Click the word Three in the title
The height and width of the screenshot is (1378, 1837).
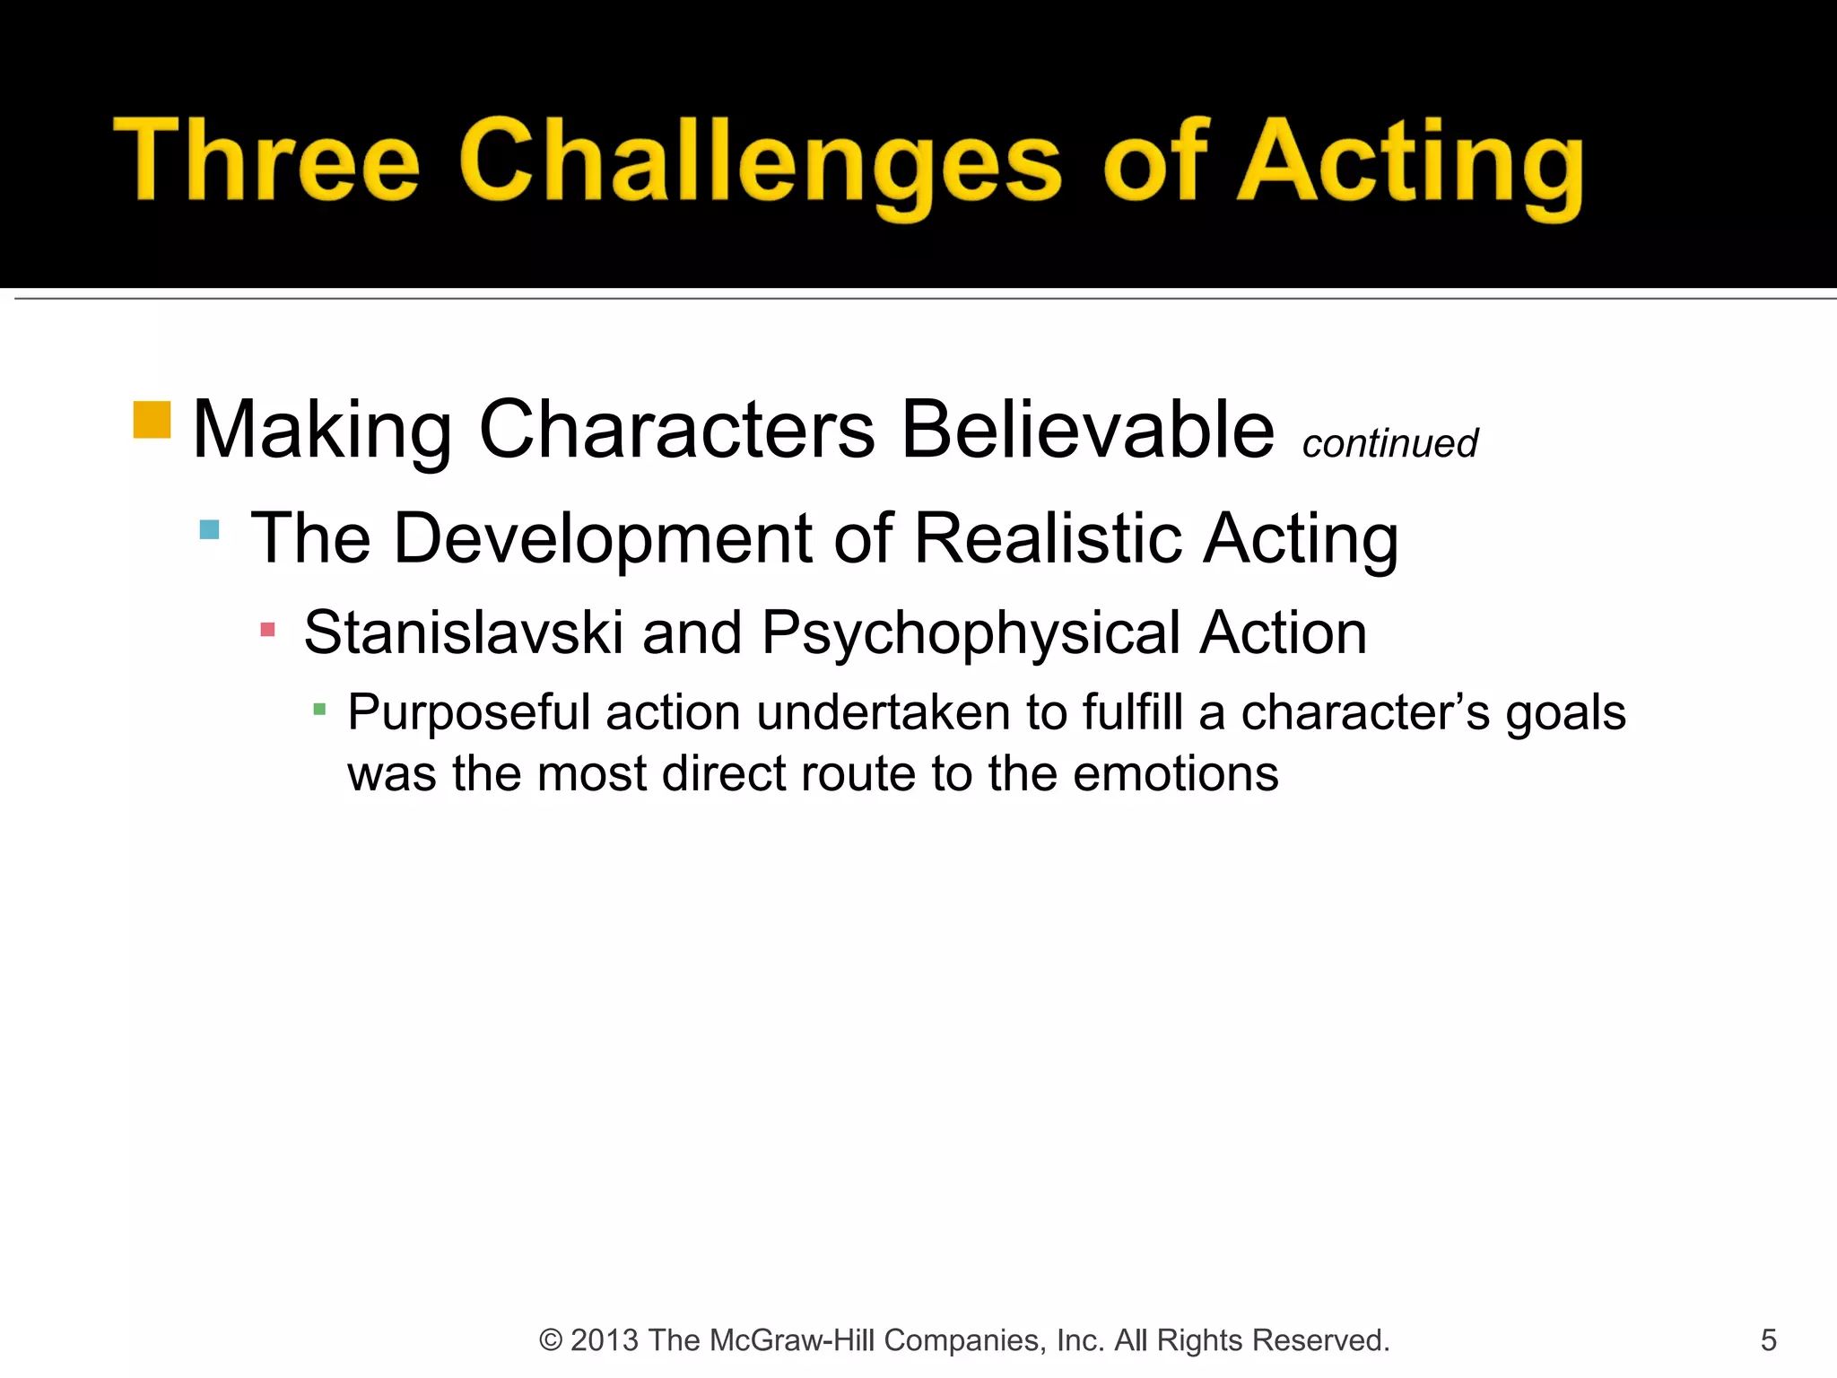266,161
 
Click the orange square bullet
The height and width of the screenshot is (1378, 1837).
152,420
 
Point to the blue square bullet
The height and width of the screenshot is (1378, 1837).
209,529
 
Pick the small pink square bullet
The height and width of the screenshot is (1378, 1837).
267,630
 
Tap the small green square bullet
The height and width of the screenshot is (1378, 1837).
319,711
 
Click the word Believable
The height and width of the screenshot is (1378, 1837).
1087,431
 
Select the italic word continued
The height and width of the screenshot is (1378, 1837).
1389,443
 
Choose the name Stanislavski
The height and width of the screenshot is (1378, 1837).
463,632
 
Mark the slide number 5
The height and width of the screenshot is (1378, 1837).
1768,1340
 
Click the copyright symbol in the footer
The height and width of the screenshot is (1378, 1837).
550,1340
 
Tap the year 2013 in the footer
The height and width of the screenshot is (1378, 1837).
605,1340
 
